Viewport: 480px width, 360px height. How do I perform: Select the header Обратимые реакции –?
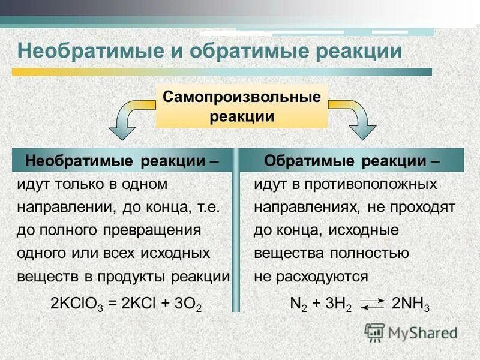point(352,161)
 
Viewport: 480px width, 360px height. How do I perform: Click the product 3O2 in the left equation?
point(186,305)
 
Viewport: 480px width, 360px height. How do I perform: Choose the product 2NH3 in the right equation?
point(410,305)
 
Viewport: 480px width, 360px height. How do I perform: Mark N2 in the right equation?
point(298,305)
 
